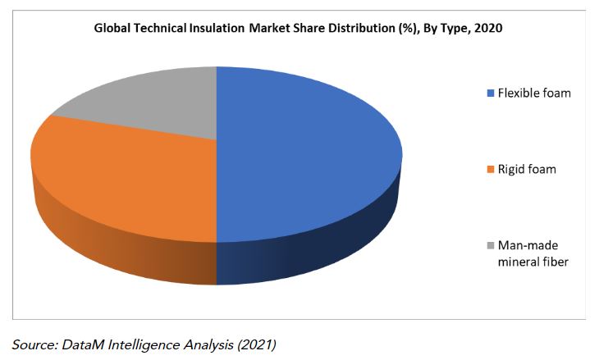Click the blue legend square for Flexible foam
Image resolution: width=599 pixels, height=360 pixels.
click(x=491, y=93)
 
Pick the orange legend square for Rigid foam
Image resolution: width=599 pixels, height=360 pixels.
click(x=491, y=170)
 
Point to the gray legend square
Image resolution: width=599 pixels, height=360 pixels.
click(x=491, y=246)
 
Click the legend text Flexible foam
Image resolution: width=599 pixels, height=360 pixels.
click(x=534, y=93)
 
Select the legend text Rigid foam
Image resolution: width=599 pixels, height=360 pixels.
click(x=527, y=170)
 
